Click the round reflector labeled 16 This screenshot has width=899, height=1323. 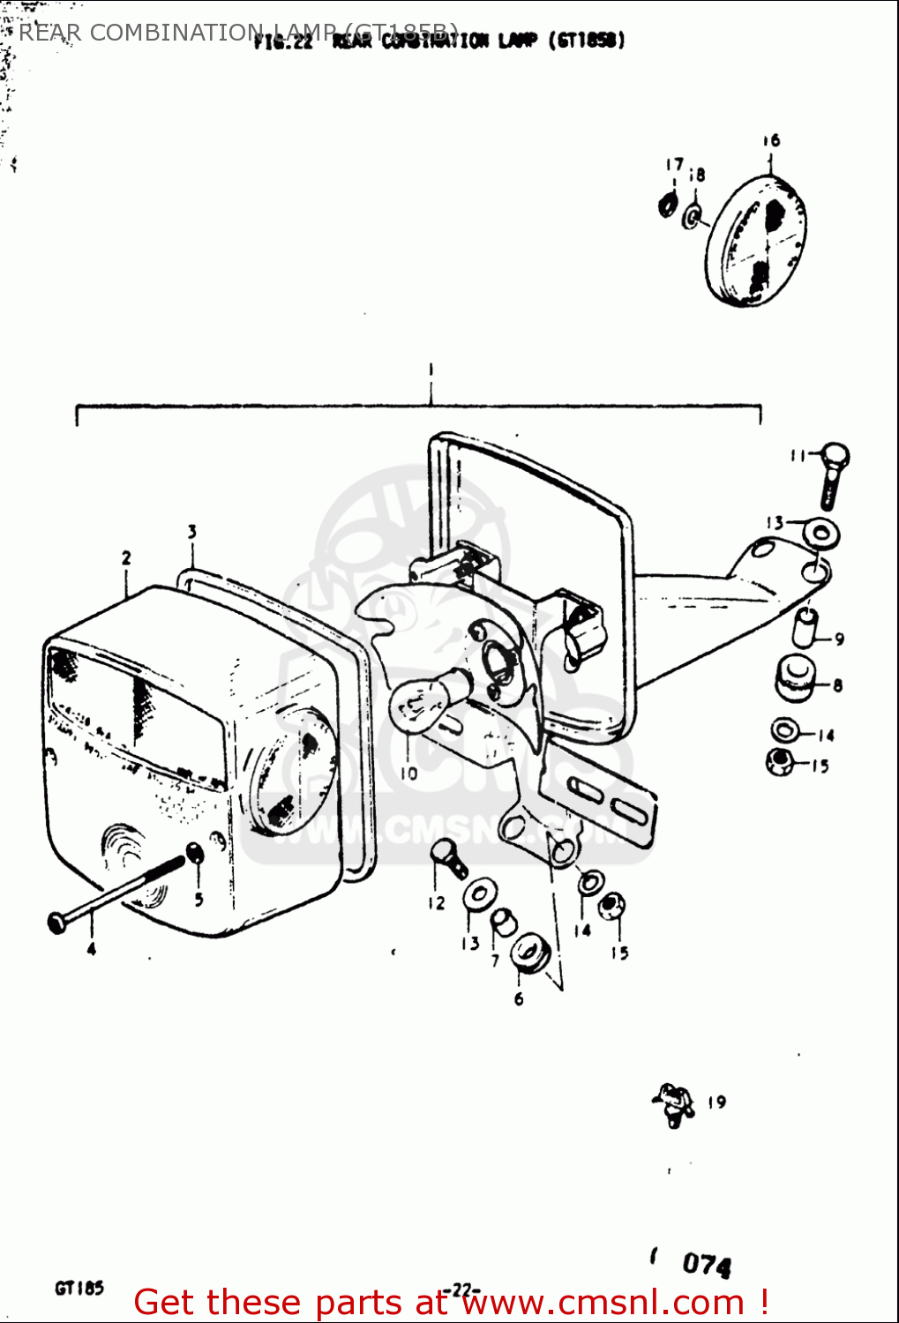757,240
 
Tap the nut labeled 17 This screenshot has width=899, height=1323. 668,206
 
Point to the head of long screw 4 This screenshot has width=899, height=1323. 56,922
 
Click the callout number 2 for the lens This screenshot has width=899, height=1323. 126,557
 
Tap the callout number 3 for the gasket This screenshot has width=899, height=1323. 191,531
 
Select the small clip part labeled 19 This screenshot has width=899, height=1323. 673,1103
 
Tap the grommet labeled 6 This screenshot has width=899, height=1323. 530,953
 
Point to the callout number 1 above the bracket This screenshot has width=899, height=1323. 431,370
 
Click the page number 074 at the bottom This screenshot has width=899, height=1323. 707,1265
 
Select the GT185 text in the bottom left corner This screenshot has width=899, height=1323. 79,1288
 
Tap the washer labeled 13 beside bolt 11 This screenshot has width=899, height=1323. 821,534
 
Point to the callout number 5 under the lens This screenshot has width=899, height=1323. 199,899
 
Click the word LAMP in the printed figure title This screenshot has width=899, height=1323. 519,41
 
